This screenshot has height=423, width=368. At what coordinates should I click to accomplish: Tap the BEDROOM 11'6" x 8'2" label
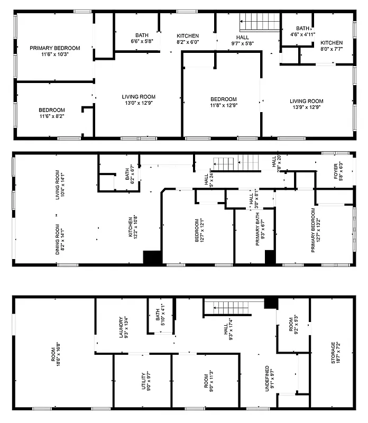point(52,113)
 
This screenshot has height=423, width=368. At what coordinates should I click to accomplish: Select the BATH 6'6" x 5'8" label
point(142,38)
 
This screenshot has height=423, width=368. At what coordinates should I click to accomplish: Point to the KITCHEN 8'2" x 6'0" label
point(188,39)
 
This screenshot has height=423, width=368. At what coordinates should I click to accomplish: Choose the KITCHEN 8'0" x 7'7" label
point(332,46)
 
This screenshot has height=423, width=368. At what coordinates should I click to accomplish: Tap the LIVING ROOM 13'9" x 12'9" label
point(307,104)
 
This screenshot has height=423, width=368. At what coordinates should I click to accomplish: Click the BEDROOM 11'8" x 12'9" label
point(223,102)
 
